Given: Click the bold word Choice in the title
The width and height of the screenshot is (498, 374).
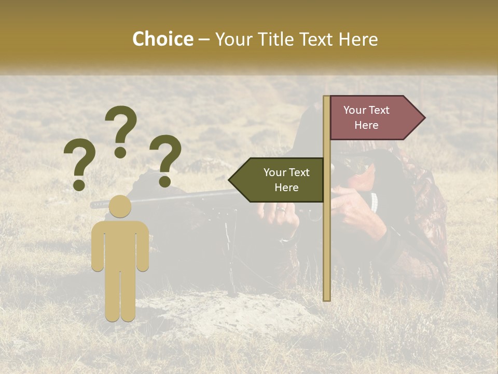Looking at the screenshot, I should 162,39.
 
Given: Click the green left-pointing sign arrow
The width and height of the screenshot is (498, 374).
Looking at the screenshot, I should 278,180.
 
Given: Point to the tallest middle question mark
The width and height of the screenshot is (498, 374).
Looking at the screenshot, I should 121,130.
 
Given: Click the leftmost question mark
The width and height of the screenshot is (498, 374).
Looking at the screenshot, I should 79,166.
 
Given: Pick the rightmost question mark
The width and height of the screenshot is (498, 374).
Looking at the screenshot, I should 165,160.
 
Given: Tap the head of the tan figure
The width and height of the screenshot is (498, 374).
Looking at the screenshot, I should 120,206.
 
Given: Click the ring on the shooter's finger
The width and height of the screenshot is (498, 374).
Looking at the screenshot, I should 281,210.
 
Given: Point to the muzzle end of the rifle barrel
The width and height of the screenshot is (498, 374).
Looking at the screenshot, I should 94,204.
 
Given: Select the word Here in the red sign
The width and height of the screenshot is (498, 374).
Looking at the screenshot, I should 366,125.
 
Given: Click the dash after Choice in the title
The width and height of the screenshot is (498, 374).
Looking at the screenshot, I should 204,40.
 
